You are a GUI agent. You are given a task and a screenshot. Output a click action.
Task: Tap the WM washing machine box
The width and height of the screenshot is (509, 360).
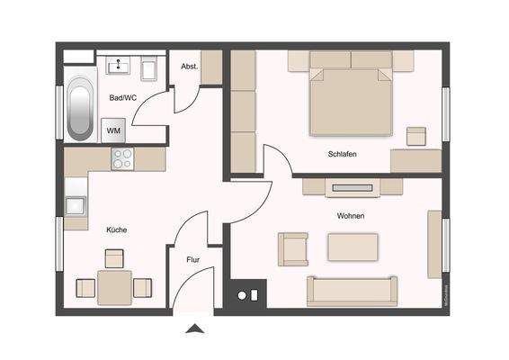(x=114, y=130)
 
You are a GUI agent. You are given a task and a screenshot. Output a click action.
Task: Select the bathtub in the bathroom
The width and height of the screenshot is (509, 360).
(x=79, y=109)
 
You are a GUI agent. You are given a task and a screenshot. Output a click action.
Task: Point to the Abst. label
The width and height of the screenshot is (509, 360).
(x=189, y=67)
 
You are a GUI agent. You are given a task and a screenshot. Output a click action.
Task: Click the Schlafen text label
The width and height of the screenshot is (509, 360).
(x=342, y=154)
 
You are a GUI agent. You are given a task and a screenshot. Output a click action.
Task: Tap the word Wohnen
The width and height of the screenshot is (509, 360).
(x=351, y=216)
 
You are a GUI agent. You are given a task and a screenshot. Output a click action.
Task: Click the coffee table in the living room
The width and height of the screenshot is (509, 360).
(x=353, y=247)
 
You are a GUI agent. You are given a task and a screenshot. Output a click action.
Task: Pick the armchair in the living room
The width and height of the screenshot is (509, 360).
(x=293, y=248)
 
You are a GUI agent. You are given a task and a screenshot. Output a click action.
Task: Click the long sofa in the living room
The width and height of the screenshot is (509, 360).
(x=352, y=291)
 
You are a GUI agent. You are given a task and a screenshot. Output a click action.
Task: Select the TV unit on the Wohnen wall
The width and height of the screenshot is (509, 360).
(x=352, y=187)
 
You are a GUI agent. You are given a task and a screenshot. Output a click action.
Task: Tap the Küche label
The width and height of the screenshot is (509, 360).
(x=116, y=229)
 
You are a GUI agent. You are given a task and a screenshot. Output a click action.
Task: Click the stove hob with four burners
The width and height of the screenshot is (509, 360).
(x=121, y=159)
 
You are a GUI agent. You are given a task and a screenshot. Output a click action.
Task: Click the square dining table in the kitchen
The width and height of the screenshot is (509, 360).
(x=114, y=288)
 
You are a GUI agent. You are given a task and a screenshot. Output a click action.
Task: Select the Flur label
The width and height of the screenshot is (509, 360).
(x=192, y=259)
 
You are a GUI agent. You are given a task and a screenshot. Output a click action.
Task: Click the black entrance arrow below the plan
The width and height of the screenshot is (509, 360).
(x=193, y=329)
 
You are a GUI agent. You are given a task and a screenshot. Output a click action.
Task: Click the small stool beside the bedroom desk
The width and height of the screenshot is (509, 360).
(x=415, y=136)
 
